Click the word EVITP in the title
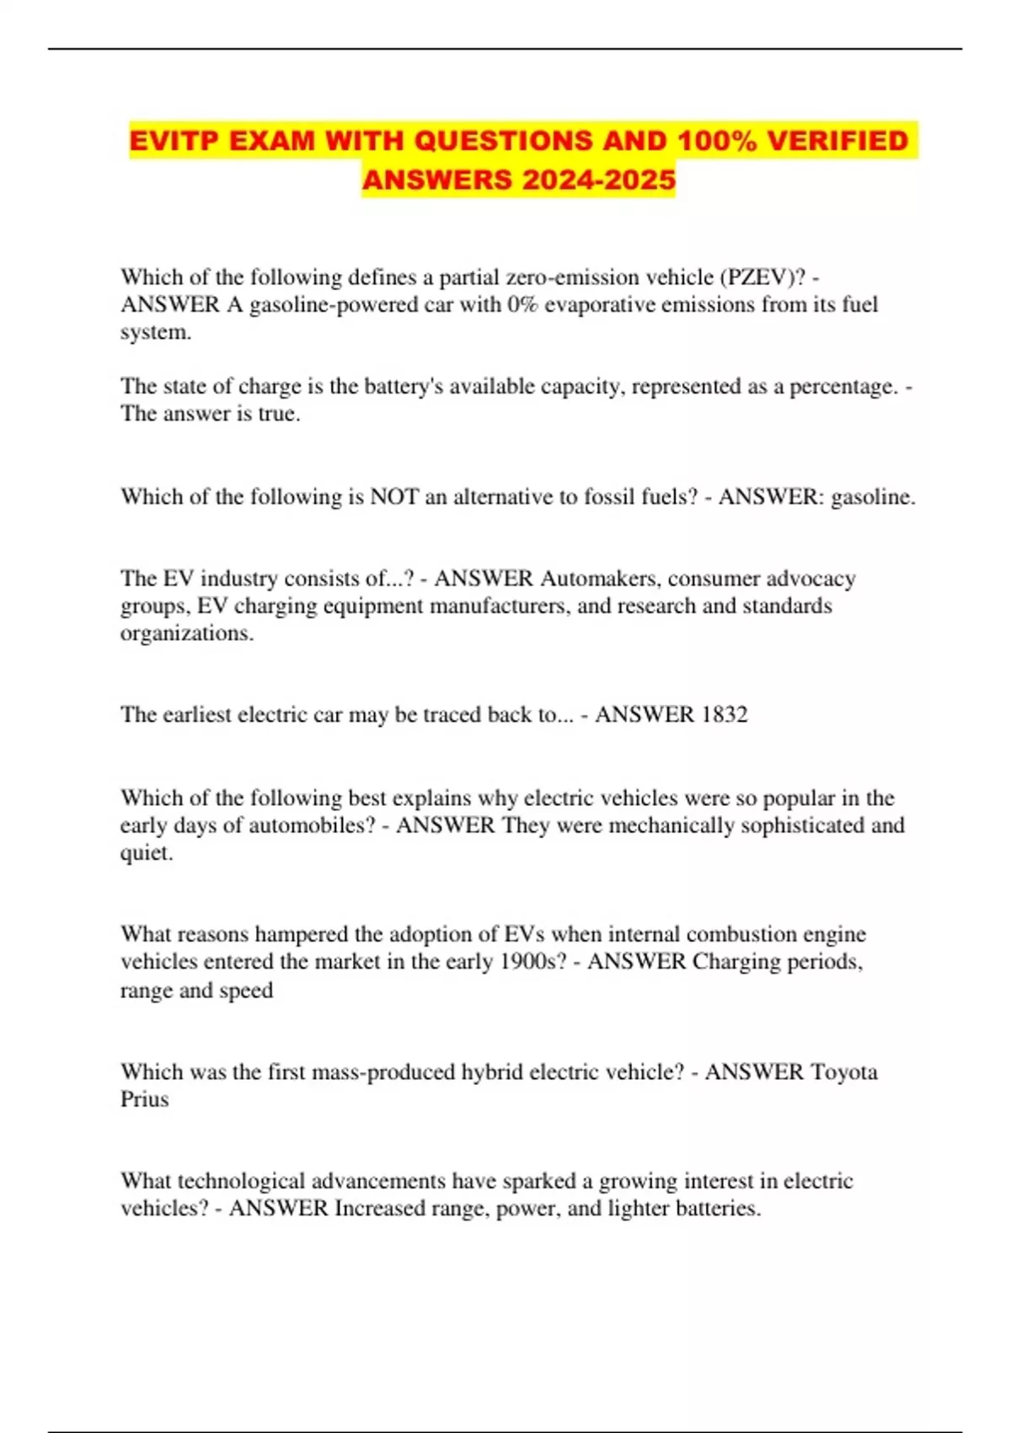coord(174,141)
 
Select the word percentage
coord(842,386)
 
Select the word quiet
coord(147,852)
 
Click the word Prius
coord(144,1099)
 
